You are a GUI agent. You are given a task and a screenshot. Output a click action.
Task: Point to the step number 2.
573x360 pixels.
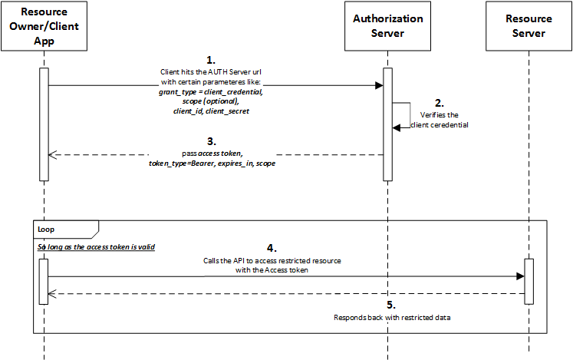tap(438, 102)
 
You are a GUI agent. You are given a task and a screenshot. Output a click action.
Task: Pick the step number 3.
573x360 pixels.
tap(212, 141)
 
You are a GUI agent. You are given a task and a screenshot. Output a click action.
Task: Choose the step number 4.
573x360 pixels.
tap(271, 248)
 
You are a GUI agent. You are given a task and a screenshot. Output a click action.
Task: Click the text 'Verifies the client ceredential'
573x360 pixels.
tap(438, 119)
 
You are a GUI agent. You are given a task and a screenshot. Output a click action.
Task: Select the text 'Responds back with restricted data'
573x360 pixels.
tap(391, 317)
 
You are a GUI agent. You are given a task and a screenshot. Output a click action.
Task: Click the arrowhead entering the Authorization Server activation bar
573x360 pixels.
tap(379, 86)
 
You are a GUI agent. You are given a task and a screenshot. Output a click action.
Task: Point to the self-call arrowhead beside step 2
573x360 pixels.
tap(397, 127)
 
